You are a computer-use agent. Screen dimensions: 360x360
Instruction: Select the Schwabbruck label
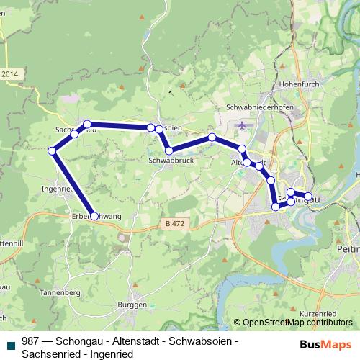[x=168, y=162]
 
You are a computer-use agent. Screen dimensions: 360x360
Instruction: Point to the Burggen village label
[x=132, y=305]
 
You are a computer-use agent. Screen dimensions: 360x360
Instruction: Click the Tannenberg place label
[x=59, y=293]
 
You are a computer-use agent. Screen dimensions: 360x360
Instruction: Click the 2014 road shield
[x=9, y=73]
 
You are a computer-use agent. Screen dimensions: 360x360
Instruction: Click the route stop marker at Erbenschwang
[x=94, y=215]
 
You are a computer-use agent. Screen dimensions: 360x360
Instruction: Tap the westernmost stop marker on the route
[x=52, y=150]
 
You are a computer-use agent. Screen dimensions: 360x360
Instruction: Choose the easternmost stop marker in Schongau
[x=308, y=196]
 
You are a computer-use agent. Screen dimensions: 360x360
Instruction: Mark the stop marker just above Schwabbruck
[x=168, y=150]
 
